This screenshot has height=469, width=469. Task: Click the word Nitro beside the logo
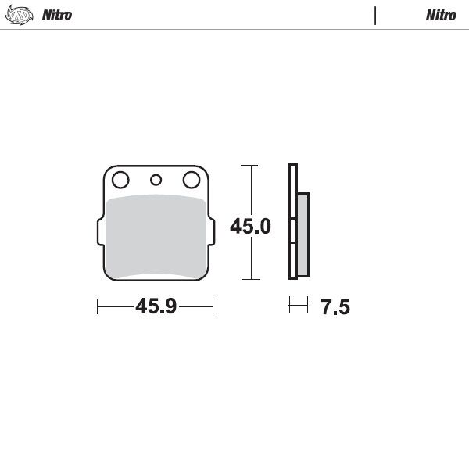coord(57,15)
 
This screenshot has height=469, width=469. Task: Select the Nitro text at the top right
coord(441,15)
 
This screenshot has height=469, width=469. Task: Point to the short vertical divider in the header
coord(376,15)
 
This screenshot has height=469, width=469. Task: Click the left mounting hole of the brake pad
coord(120,181)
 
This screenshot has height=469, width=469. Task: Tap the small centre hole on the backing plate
coord(156,181)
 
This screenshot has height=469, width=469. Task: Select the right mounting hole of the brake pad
coord(191,181)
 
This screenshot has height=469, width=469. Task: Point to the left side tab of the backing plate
coord(99,232)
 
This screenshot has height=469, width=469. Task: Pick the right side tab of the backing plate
coord(211,232)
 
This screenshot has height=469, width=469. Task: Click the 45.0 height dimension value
coord(250,227)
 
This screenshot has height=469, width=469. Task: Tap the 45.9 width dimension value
coord(155,306)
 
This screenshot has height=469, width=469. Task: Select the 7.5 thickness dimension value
coord(335,307)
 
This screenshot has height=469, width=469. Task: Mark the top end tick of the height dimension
coord(249,166)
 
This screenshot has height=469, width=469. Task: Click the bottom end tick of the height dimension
coord(249,279)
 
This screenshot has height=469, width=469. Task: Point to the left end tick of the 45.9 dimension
coord(97,306)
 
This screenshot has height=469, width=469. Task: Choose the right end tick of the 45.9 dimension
coord(213,306)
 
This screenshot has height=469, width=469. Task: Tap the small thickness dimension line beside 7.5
coord(298,306)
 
